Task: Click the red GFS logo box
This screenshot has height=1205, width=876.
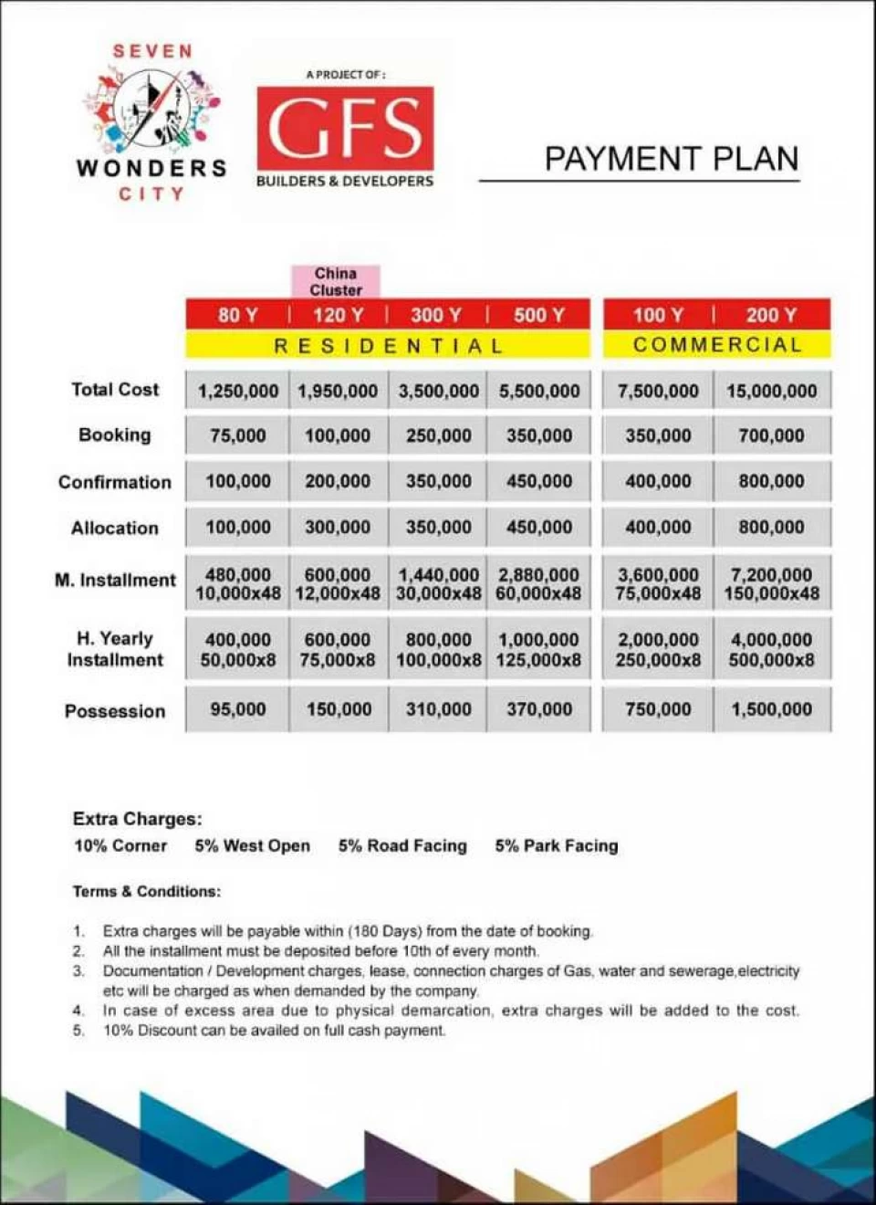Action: [x=345, y=128]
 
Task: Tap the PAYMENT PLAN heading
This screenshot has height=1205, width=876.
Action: [x=671, y=159]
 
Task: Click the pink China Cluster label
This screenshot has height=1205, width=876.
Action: [x=336, y=281]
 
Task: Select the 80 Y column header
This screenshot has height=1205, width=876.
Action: [x=237, y=315]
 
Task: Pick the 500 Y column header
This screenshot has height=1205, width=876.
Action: [x=538, y=315]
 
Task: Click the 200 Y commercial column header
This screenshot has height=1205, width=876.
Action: [x=771, y=315]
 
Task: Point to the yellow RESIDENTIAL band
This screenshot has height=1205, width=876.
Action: [x=388, y=345]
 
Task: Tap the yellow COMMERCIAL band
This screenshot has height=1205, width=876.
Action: [x=717, y=344]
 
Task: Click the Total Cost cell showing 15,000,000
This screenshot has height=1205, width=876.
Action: [x=772, y=391]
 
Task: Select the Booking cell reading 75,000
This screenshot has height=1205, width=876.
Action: [x=237, y=435]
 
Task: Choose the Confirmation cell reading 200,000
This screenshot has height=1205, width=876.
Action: [x=338, y=481]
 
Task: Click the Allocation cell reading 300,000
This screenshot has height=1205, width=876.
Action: [x=338, y=527]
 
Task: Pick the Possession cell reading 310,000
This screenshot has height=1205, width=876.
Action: [x=438, y=709]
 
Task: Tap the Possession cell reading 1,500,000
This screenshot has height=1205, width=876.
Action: [x=772, y=709]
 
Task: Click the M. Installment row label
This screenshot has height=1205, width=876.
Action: [x=115, y=580]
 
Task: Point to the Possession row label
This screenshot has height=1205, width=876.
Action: [x=115, y=711]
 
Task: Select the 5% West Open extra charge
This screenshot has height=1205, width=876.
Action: [x=252, y=846]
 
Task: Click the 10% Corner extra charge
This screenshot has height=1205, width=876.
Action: [x=120, y=846]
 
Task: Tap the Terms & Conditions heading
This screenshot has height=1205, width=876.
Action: [x=147, y=891]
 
